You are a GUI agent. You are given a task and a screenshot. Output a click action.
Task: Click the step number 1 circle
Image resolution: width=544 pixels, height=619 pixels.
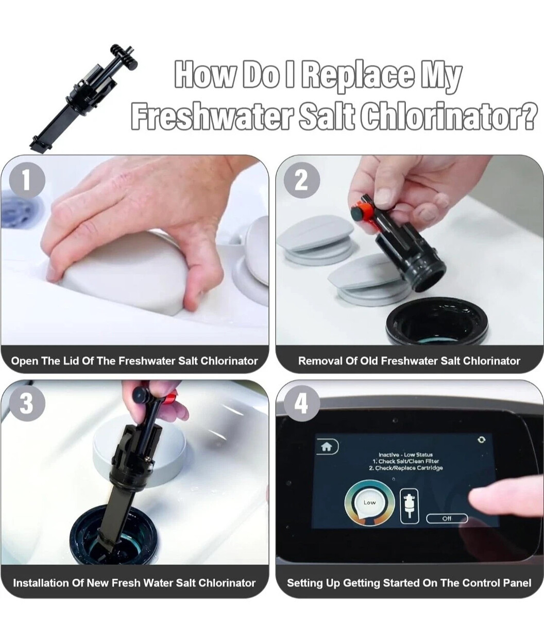(27, 181)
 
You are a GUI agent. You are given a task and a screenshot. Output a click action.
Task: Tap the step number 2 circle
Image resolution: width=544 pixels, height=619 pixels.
(302, 181)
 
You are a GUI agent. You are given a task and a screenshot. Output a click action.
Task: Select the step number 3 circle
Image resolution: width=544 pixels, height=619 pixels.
(27, 403)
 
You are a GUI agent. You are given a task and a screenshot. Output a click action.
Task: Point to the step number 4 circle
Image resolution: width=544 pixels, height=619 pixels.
(302, 403)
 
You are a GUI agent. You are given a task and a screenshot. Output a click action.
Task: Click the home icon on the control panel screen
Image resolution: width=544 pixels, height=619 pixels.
(327, 447)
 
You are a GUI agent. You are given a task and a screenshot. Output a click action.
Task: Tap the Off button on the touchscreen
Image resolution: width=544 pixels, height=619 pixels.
(447, 518)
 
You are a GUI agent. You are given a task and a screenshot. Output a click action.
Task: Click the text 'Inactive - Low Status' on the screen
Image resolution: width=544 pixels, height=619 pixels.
(405, 454)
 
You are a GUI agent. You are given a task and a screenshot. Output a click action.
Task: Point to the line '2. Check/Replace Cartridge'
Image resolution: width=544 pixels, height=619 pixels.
(406, 468)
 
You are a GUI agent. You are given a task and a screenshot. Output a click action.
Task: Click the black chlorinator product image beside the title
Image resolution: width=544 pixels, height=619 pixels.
(83, 98)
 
